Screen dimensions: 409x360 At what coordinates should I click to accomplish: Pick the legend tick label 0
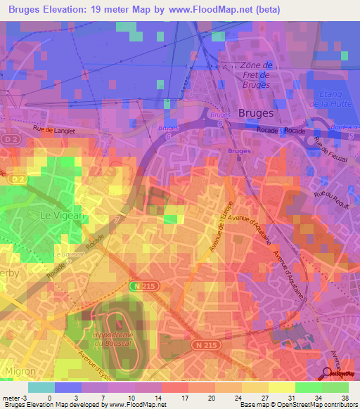tap(49, 397)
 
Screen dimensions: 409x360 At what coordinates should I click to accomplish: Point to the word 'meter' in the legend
tap(11, 397)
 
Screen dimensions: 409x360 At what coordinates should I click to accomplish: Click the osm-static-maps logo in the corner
tap(335, 375)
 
